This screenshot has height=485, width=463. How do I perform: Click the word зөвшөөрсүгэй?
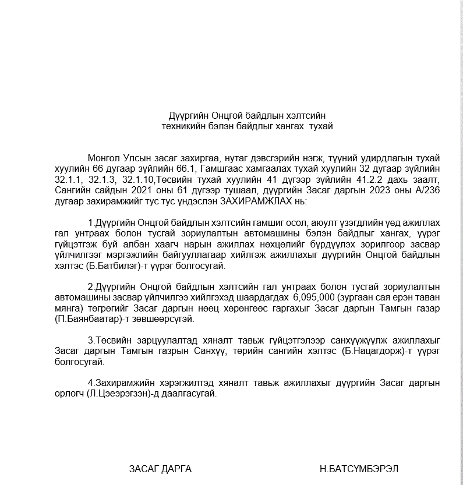point(167,319)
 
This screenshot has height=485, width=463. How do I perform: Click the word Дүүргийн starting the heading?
point(186,115)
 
